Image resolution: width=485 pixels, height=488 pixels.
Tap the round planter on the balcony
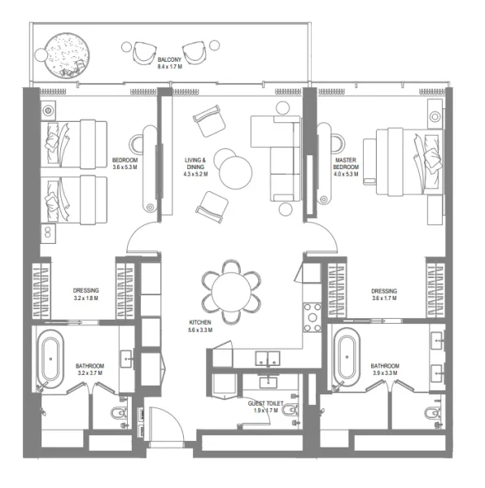click(64, 54)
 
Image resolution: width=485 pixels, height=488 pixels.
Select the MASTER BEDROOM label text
click(346, 166)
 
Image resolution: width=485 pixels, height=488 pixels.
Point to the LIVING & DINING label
click(195, 165)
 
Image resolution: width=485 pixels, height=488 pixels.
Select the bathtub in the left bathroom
click(50, 358)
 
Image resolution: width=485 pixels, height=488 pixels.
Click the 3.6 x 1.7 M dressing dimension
click(383, 298)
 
